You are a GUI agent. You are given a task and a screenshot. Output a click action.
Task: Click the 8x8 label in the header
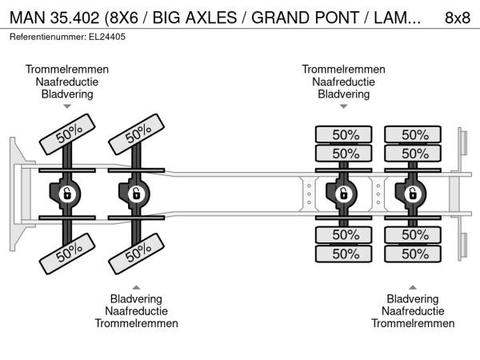(458, 18)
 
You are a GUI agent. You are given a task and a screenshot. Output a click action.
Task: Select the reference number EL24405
(107, 37)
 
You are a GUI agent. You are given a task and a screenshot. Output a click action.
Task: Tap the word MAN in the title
(27, 18)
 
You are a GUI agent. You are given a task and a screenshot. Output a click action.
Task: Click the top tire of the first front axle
(67, 134)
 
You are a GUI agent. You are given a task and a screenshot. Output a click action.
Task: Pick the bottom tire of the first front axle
(67, 254)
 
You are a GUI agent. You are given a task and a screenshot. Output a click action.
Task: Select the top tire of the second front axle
(137, 134)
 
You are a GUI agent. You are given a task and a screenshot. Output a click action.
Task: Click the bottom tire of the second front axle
(137, 254)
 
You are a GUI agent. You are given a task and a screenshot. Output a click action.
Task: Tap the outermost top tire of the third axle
(344, 134)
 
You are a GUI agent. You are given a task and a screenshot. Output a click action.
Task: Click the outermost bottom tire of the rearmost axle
(413, 254)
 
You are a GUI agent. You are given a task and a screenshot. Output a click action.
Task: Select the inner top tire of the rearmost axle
(413, 154)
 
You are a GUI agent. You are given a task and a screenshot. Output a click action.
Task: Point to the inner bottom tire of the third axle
(344, 234)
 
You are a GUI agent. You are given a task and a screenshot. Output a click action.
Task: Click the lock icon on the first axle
(67, 194)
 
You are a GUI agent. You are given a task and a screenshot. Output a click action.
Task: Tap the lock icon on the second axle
(137, 194)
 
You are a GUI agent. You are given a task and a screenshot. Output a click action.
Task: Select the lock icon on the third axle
(344, 194)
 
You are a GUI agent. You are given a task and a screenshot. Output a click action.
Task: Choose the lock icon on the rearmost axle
(413, 194)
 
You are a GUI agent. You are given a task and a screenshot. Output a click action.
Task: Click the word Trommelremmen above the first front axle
(67, 69)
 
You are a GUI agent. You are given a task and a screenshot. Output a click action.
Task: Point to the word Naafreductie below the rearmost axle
(413, 311)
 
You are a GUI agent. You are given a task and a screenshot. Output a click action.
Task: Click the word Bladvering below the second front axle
(137, 298)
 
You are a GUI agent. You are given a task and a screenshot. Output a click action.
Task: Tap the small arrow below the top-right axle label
(344, 106)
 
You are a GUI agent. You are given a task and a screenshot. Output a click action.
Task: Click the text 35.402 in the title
(75, 18)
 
